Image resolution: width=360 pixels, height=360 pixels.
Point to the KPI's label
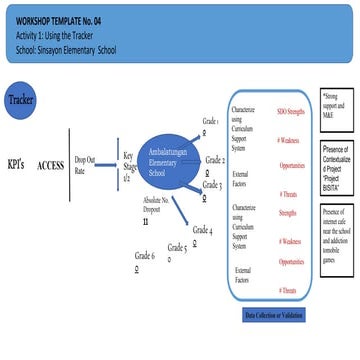[15, 163]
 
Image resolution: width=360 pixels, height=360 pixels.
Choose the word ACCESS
[50, 164]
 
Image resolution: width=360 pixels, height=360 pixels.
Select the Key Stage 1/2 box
[129, 166]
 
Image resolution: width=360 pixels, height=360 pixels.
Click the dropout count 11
[146, 221]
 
